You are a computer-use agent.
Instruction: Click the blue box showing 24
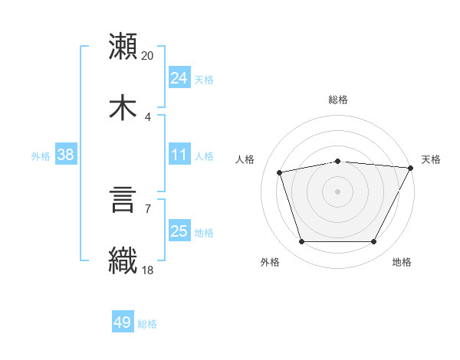(x=179, y=77)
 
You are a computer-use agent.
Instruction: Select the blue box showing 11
(x=179, y=155)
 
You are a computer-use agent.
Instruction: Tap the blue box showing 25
(x=179, y=231)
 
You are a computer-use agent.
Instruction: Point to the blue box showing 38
(x=66, y=155)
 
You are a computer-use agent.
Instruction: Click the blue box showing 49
(x=123, y=322)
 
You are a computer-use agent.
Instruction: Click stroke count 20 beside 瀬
(x=148, y=56)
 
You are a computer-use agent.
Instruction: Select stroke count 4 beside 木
(x=148, y=117)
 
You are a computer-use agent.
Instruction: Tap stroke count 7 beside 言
(x=148, y=208)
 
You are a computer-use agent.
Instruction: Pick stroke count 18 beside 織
(x=148, y=270)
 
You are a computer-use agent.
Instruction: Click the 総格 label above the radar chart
(x=337, y=100)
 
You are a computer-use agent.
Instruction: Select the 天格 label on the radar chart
(x=431, y=159)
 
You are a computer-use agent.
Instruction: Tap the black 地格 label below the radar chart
(x=402, y=262)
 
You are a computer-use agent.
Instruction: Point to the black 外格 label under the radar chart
(x=270, y=262)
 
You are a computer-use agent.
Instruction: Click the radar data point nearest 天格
(x=412, y=168)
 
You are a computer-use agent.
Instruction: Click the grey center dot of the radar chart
(x=337, y=191)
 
